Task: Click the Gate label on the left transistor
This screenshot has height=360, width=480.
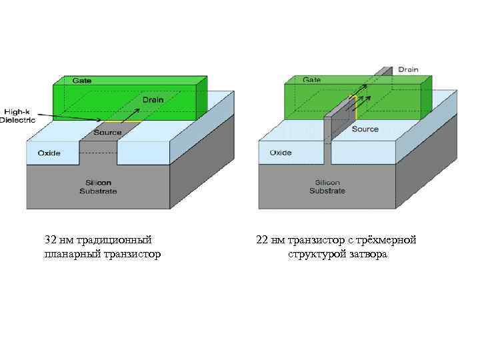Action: (82, 81)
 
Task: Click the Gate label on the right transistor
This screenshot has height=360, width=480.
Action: (312, 79)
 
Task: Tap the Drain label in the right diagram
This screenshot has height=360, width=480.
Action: (409, 69)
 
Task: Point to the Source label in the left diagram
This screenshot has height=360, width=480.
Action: (107, 133)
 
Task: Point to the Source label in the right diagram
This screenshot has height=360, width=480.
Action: (365, 129)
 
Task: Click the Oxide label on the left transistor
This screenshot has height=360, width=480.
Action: (49, 153)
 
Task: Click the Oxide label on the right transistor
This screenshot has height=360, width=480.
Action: (280, 153)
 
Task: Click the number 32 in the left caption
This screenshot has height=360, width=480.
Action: (50, 240)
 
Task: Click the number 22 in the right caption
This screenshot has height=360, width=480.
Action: (262, 240)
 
